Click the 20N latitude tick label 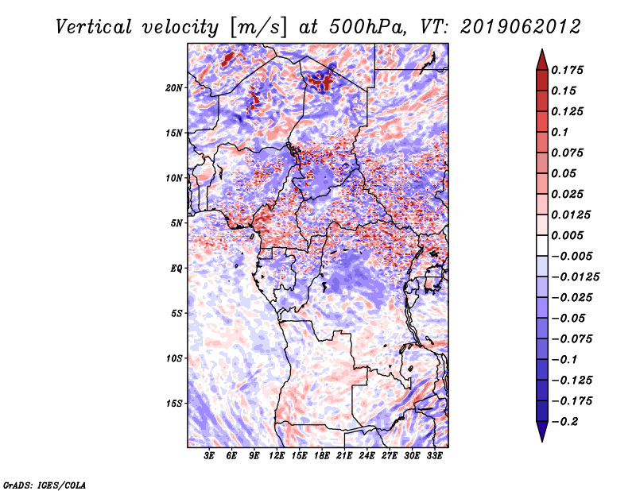coord(174,87)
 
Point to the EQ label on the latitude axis coord(176,269)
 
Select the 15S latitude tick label coord(174,404)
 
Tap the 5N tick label coord(176,223)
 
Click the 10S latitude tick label coord(174,358)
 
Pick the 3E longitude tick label coord(209,457)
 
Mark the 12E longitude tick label coord(277,457)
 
